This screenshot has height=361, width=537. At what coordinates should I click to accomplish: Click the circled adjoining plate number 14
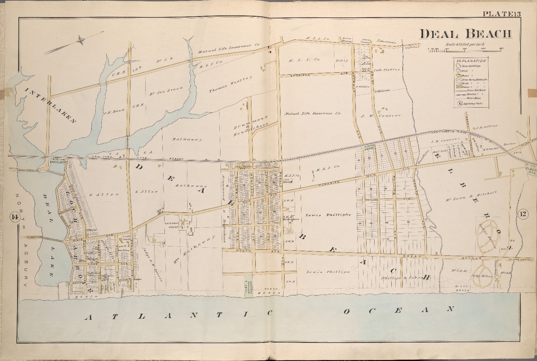tap(14, 218)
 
